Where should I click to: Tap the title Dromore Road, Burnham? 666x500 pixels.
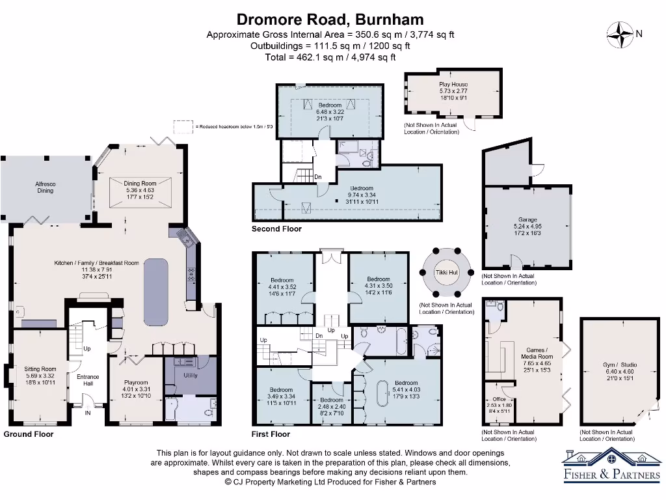330,20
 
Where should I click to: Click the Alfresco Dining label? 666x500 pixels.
45,187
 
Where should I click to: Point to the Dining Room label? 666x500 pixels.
140,184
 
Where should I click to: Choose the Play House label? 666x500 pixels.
453,85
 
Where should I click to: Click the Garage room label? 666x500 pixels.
527,220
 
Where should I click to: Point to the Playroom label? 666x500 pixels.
137,383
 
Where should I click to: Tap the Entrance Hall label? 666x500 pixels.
88,380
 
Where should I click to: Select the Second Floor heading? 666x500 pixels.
276,229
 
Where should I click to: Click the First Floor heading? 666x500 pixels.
271,434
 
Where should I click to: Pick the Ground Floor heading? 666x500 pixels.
29,434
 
